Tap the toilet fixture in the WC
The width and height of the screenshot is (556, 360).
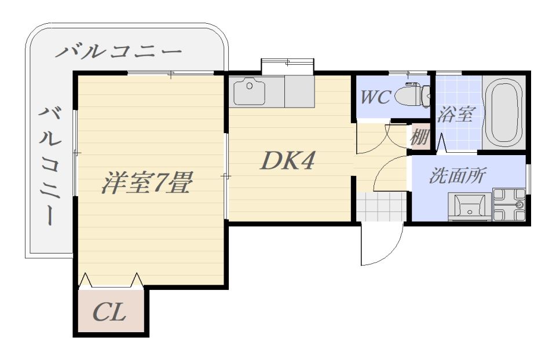tap(412, 95)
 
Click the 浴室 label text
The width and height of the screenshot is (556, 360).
tap(455, 114)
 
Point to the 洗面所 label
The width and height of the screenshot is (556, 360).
tap(458, 175)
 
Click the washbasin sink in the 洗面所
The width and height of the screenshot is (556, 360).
tap(470, 207)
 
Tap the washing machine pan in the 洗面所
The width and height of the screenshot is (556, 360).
tap(509, 205)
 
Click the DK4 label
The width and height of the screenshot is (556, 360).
tap(287, 161)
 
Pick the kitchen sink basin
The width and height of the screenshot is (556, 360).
tap(249, 91)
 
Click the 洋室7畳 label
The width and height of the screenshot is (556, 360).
tap(147, 182)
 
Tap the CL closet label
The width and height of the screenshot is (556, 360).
tap(109, 313)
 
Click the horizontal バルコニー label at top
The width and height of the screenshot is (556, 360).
tap(118, 52)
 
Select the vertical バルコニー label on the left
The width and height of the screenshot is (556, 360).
tap(50, 166)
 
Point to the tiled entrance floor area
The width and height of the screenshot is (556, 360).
tap(381, 207)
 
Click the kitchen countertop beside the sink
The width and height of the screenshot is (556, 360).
tap(299, 91)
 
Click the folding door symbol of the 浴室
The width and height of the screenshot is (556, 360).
tap(441, 143)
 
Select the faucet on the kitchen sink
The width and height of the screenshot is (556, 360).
tap(250, 86)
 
